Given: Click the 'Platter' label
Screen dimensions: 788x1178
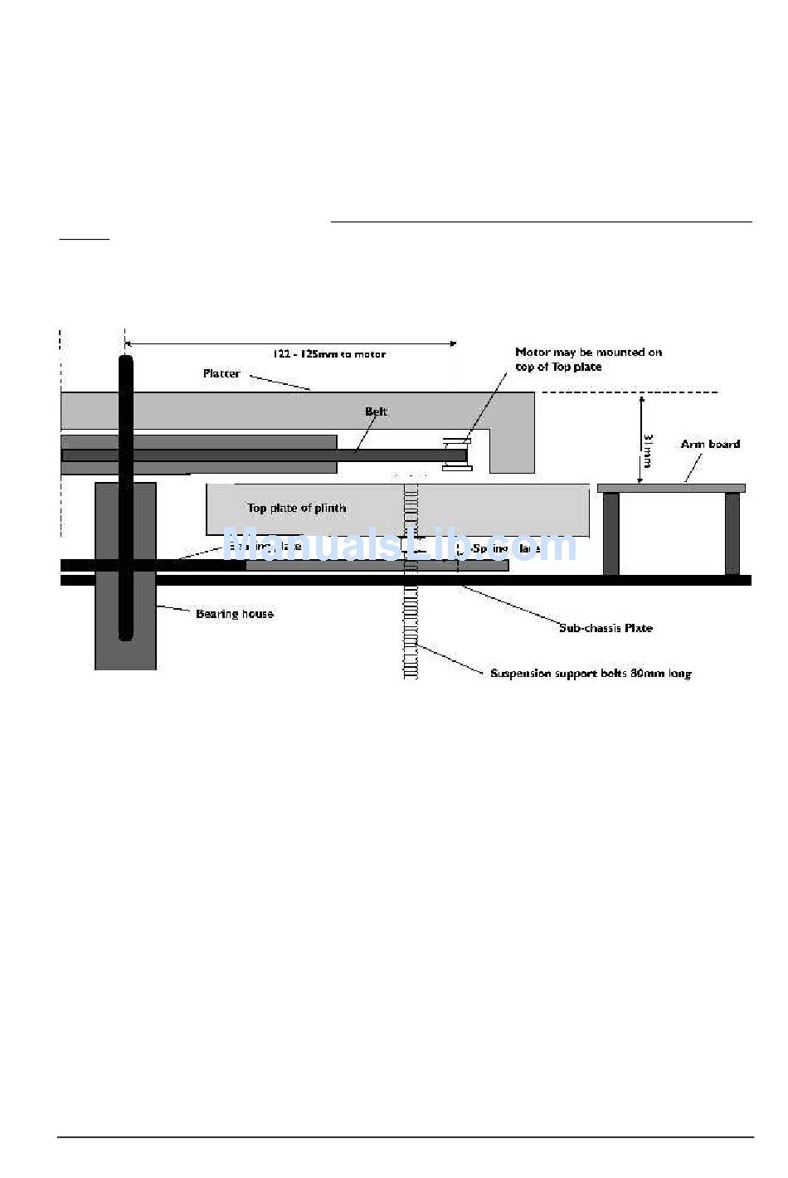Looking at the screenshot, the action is [x=221, y=374].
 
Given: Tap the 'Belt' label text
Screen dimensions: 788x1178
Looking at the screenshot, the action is [x=376, y=411].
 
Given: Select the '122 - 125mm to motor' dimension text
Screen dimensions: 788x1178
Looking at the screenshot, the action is [x=329, y=354].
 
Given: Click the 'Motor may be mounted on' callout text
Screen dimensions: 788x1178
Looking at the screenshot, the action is [x=588, y=353].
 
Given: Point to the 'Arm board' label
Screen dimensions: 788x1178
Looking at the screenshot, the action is [x=710, y=444].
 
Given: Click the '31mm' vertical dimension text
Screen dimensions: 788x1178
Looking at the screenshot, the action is [x=649, y=449].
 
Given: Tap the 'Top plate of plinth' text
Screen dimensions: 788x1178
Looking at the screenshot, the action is [x=296, y=508].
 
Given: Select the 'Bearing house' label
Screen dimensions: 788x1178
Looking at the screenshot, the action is [x=234, y=614].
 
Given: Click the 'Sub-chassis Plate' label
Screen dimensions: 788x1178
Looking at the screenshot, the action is [x=606, y=628].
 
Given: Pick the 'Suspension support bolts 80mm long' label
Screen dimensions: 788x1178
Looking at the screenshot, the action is [x=591, y=674].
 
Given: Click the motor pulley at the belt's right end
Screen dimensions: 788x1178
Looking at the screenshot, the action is [x=457, y=455].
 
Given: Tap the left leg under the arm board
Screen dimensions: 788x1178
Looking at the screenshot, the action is [x=610, y=533].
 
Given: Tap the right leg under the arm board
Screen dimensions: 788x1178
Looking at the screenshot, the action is [x=732, y=533].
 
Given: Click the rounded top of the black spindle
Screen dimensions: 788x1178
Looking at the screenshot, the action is [x=125, y=362].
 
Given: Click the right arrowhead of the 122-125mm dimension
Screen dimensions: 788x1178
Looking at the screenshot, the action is [x=452, y=343].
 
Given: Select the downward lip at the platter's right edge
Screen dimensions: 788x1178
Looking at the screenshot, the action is [x=512, y=448].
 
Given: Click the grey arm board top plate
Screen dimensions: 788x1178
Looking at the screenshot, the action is [x=671, y=488].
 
